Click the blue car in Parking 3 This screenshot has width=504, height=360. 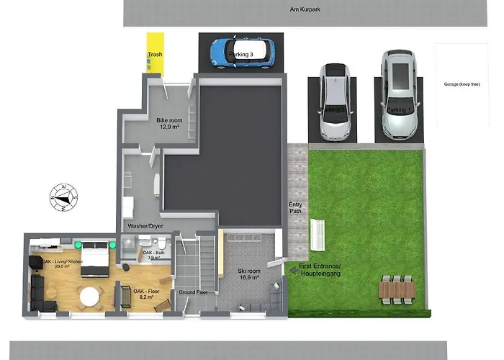coord(243,52)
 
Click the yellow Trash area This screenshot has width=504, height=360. coord(155,54)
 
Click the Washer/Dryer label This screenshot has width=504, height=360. coord(145,225)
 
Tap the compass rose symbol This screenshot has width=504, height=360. coord(64,196)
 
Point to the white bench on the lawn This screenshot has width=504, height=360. coord(317,234)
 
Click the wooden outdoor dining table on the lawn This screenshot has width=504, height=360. coord(397,289)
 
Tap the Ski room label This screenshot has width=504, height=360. coord(248,271)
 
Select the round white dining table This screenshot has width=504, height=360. coord(90,296)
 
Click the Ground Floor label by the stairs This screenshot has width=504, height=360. coord(194,292)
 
